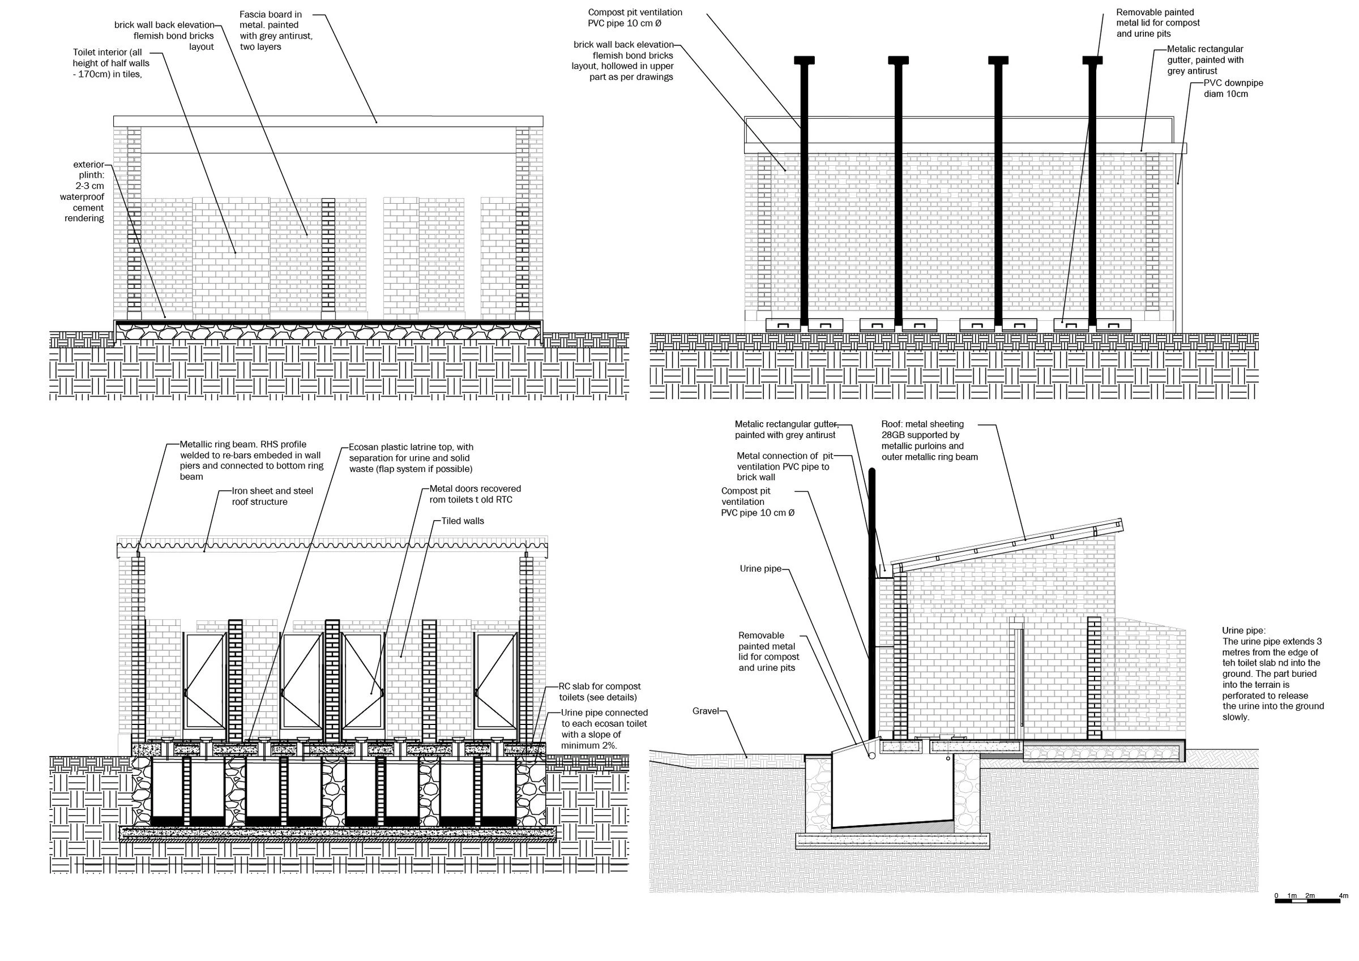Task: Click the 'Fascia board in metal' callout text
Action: [276, 30]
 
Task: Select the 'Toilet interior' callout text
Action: [112, 63]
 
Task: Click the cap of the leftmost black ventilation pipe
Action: [804, 60]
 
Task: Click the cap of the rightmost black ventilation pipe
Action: [1092, 60]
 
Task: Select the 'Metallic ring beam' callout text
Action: [251, 460]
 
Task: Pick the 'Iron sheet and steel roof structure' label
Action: [273, 496]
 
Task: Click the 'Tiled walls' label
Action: [462, 521]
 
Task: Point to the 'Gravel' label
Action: [705, 711]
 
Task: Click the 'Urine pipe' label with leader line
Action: [760, 569]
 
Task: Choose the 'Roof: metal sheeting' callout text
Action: [929, 440]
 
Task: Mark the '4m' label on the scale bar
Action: [1343, 895]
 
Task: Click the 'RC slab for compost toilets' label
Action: [600, 692]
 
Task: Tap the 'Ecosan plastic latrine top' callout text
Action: [411, 458]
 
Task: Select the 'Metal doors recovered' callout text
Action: [475, 494]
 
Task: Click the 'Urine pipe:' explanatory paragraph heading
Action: [1243, 630]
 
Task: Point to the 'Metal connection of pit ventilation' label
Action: [784, 466]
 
